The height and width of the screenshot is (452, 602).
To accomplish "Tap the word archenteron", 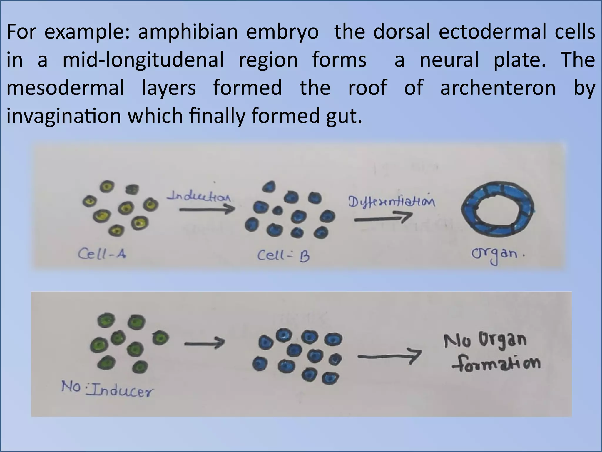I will (498, 88).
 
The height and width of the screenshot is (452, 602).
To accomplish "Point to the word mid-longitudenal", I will (143, 60).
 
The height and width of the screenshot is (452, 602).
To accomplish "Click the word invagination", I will (63, 116).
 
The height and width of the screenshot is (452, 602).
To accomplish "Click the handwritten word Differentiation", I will (392, 202).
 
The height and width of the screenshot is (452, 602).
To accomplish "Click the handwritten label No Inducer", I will (107, 388).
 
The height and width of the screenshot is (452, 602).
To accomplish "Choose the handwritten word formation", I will (496, 364).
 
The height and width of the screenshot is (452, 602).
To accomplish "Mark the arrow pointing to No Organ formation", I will (389, 357).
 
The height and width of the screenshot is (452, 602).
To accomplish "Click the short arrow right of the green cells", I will (205, 343).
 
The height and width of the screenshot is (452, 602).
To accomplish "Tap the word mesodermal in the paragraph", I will (66, 88).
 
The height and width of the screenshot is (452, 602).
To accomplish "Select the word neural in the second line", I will (449, 60).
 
